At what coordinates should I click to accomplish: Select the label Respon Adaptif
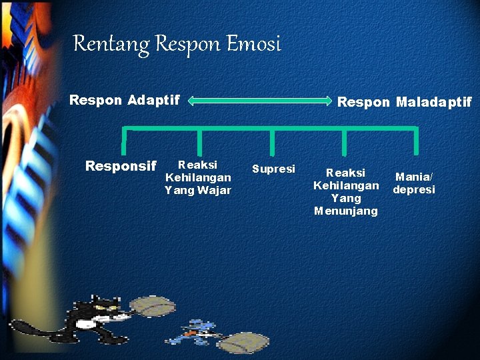pyautogui.click(x=125, y=100)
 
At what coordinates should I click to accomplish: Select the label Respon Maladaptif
pyautogui.click(x=404, y=102)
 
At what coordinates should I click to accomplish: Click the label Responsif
pyautogui.click(x=121, y=166)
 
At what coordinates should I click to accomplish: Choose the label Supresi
pyautogui.click(x=273, y=169)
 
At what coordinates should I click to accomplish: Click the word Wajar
pyautogui.click(x=214, y=191)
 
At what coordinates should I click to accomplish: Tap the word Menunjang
pyautogui.click(x=345, y=211)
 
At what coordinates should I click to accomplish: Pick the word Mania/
pyautogui.click(x=414, y=177)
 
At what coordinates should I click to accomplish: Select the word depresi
pyautogui.click(x=414, y=190)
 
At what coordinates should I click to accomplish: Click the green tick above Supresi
pyautogui.click(x=272, y=141)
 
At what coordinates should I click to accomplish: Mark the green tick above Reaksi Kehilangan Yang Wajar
pyautogui.click(x=199, y=141)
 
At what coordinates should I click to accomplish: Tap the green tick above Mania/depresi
pyautogui.click(x=416, y=141)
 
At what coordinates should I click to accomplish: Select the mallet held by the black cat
pyautogui.click(x=153, y=307)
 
